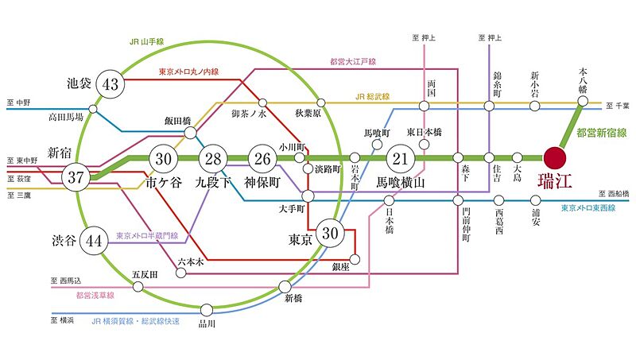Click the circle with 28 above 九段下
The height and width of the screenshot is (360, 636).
[x=213, y=158]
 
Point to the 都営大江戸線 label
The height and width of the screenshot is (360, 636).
[x=352, y=61]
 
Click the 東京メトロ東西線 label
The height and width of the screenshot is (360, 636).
[x=593, y=208]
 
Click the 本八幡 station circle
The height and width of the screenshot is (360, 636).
[x=584, y=101]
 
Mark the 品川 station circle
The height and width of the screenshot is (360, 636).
[x=207, y=310]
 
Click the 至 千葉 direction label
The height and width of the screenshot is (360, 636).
[x=616, y=105]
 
